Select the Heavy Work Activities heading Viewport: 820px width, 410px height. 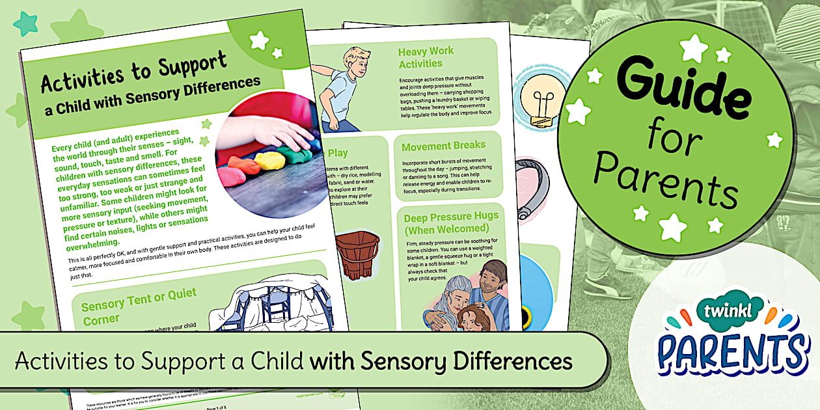pos(426,57)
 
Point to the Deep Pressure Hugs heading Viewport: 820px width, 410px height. pos(450,223)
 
